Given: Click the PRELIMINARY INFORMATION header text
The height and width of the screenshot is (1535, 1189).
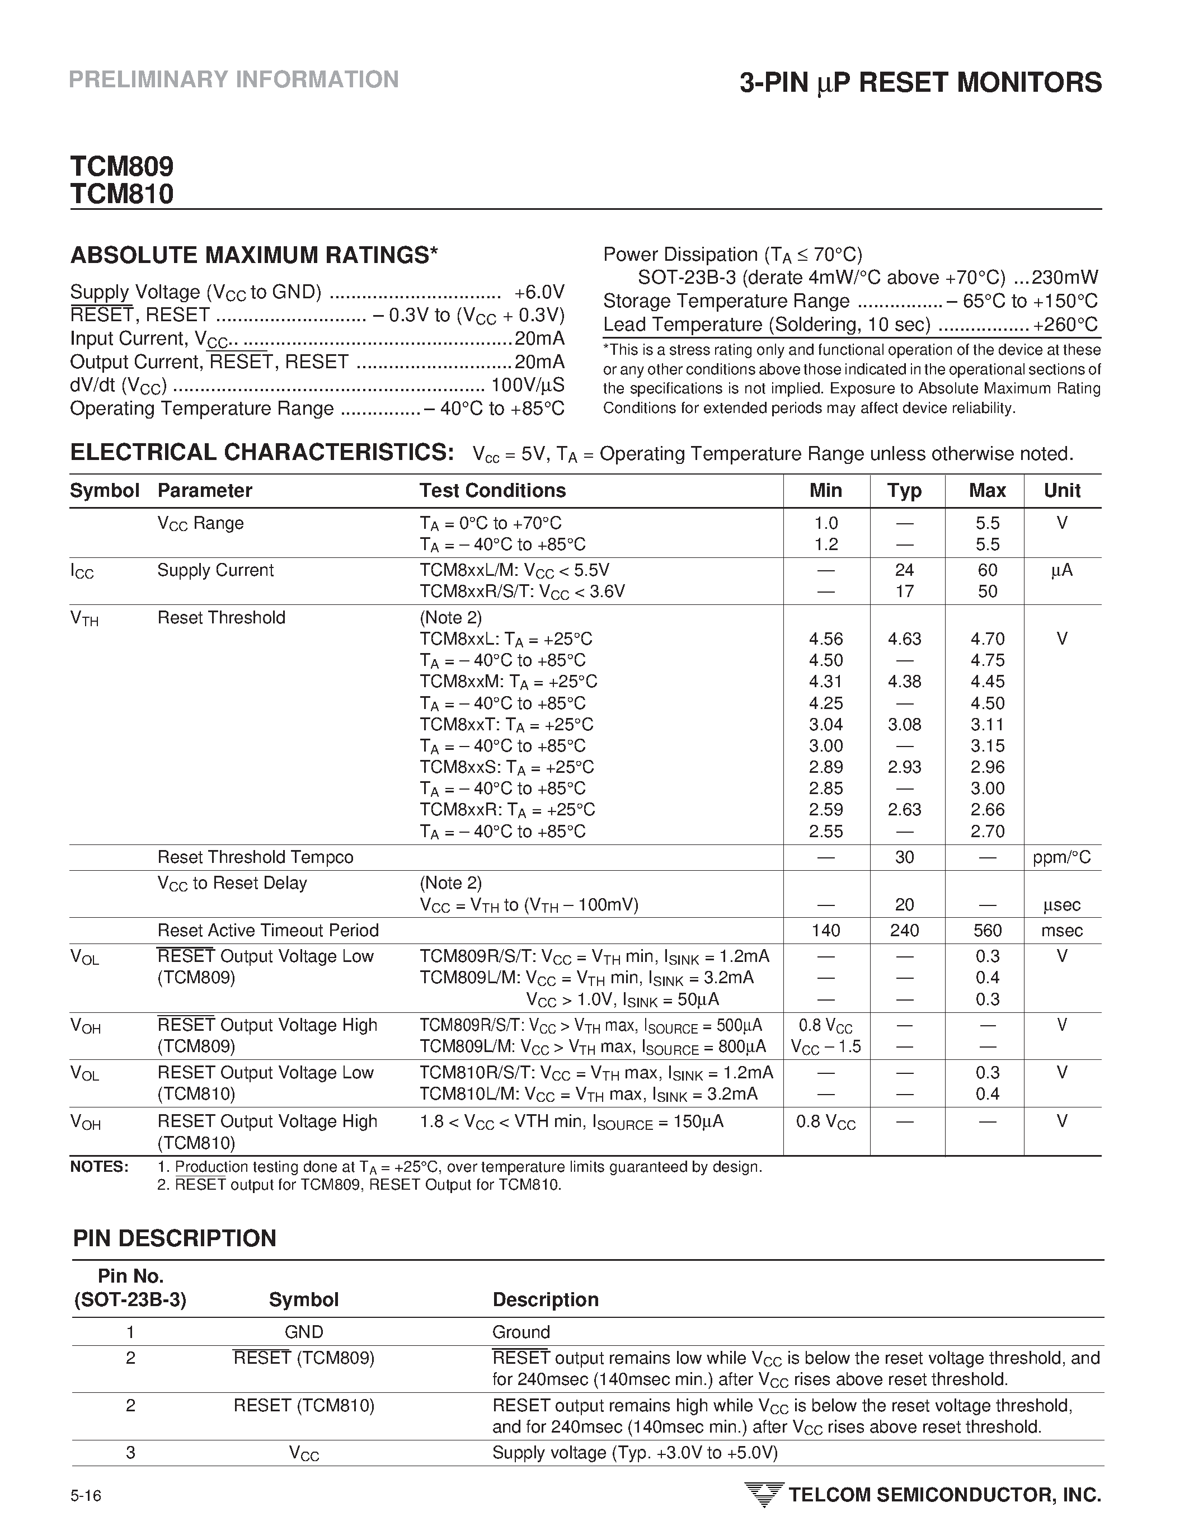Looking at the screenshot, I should click(233, 79).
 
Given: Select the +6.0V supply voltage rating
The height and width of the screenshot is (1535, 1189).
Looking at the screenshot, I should click(539, 292).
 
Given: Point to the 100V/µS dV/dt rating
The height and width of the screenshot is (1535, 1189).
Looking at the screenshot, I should click(527, 385).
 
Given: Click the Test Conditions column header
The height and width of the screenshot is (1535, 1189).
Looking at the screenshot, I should click(492, 491).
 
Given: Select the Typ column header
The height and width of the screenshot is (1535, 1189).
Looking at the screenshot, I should click(904, 491).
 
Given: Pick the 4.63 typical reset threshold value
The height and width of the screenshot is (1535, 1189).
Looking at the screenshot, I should click(904, 639).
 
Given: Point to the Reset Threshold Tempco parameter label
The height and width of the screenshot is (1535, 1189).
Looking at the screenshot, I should click(255, 857).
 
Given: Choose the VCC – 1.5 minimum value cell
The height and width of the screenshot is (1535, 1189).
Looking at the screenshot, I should click(826, 1047).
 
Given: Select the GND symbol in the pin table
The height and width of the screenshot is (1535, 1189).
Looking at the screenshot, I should click(304, 1332).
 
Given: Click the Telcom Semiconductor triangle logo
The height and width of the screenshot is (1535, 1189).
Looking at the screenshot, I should click(763, 1495).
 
